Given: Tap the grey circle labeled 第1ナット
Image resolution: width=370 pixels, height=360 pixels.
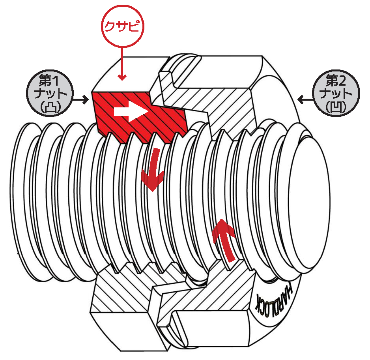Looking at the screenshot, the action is [50, 93].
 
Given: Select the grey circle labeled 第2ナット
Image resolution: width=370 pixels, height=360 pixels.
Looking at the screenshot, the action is [336, 93].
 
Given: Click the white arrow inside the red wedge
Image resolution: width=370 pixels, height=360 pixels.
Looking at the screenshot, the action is [131, 111].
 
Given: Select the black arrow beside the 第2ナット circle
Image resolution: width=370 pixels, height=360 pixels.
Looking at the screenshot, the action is [305, 99].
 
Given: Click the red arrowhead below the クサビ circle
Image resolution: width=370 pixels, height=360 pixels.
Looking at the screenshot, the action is [122, 77].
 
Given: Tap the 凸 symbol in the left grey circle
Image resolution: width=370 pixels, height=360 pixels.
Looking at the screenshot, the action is [50, 107].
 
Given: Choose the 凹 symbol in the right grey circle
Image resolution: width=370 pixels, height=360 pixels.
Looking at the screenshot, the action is [336, 107].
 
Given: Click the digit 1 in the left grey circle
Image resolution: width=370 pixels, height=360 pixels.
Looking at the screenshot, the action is [55, 81].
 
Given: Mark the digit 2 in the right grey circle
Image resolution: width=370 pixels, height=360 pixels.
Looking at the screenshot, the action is [342, 81].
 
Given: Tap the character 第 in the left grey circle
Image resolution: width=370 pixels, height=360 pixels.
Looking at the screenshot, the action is [45, 81].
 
